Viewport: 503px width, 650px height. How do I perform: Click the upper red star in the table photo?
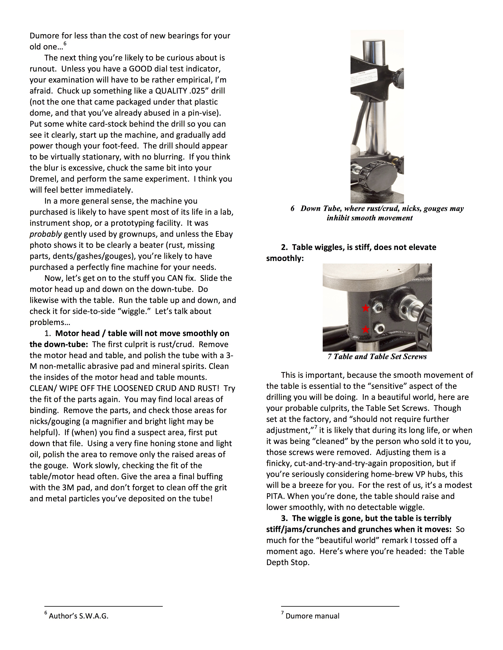click(366, 308)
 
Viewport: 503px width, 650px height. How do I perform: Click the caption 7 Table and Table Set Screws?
click(377, 357)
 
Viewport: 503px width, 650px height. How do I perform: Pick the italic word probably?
click(45, 234)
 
